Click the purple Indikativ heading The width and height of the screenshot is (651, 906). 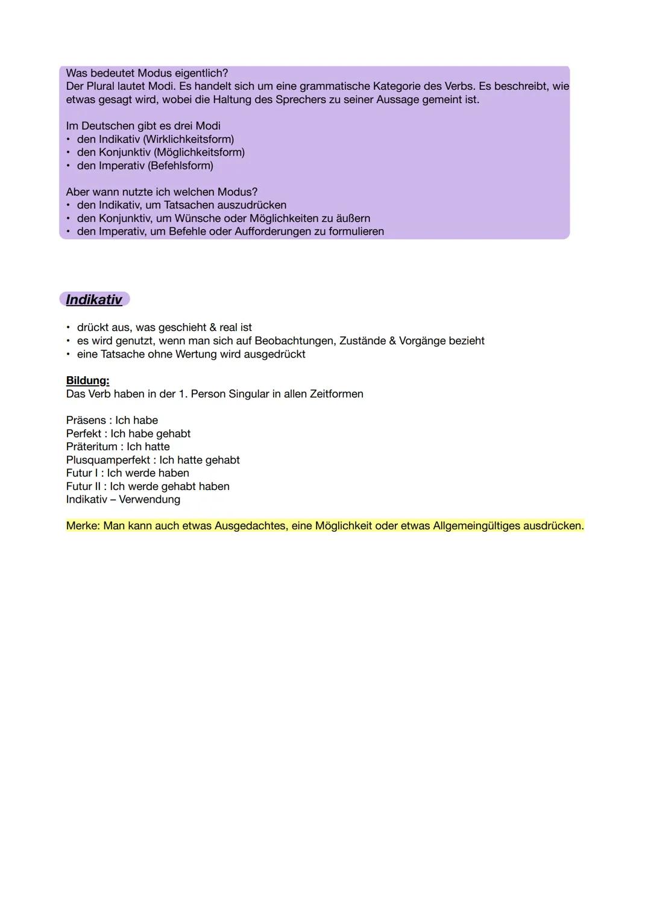tap(94, 300)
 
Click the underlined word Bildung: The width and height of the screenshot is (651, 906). tap(87, 380)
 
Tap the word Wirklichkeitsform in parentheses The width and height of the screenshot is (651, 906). tap(188, 139)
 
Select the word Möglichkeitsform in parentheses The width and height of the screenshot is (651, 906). tap(200, 153)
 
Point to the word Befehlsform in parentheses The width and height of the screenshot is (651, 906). tap(180, 166)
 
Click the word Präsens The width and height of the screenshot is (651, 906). tap(86, 420)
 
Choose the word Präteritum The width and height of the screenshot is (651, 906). tap(92, 447)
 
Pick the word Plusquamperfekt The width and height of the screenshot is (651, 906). tap(108, 460)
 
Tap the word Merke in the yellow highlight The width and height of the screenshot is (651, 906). tap(82, 526)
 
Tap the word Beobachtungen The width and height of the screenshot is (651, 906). tap(294, 341)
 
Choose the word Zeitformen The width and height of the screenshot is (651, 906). tap(336, 394)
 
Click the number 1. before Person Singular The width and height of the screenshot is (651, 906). tap(183, 394)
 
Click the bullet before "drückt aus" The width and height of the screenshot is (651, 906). tap(68, 328)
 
